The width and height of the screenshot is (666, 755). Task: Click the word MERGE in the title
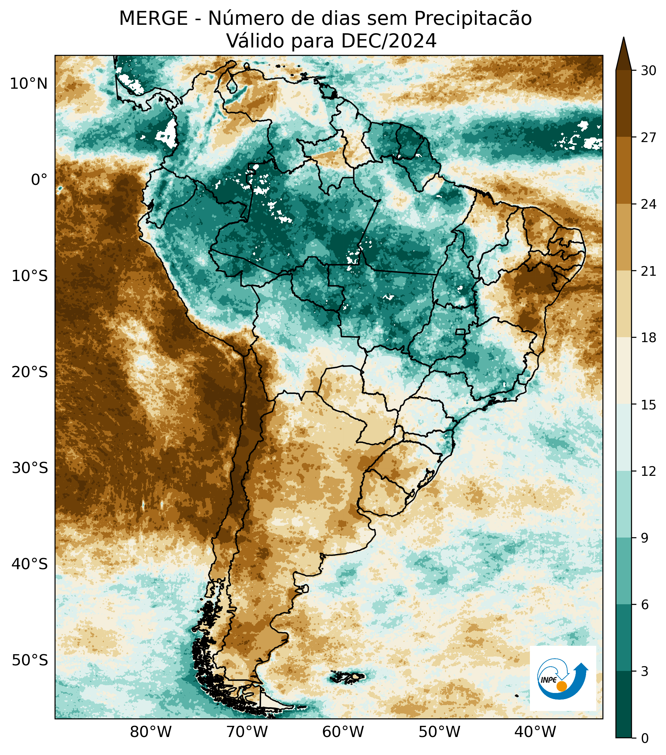(x=153, y=19)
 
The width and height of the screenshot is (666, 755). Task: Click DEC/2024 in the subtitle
(x=389, y=41)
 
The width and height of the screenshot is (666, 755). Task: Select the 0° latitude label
(x=39, y=180)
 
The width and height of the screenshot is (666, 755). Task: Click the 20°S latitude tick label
(x=29, y=372)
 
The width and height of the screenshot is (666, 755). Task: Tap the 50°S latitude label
(x=29, y=660)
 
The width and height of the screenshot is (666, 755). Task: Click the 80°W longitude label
(x=151, y=731)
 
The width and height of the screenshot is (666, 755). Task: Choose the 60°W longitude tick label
(x=343, y=731)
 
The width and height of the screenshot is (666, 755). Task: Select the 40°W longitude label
(x=535, y=731)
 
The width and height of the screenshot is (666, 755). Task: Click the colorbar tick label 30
(x=648, y=70)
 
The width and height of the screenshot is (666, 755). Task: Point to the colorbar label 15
(x=648, y=405)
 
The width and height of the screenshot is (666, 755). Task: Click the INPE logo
(x=563, y=678)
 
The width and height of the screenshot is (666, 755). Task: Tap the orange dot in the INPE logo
(x=562, y=686)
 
